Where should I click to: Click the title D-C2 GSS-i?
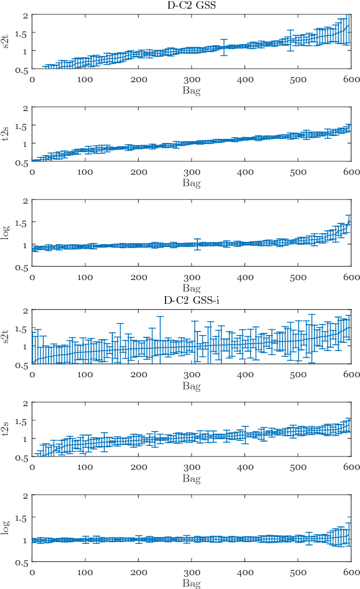(192, 299)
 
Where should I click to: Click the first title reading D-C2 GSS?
(192, 5)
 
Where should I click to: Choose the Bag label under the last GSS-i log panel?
(192, 584)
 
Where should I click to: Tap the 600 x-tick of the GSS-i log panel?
(351, 572)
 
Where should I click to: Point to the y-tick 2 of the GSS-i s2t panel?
(26, 310)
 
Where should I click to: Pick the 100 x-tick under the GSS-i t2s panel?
(85, 468)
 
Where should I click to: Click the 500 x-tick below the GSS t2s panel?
(298, 172)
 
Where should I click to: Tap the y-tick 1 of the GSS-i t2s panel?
(26, 439)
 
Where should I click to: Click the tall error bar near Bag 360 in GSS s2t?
(224, 47)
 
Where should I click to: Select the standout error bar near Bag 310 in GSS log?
(197, 244)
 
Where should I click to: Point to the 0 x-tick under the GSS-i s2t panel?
(32, 375)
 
